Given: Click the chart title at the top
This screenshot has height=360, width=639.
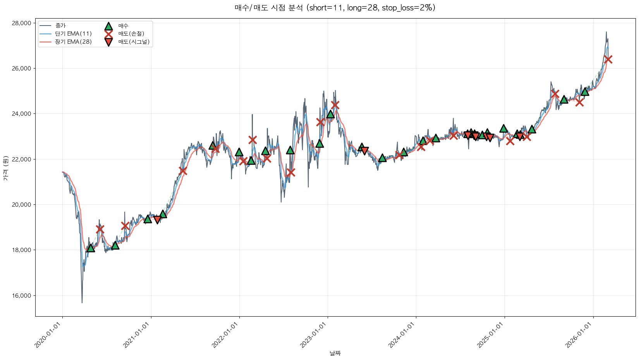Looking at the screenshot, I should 335,8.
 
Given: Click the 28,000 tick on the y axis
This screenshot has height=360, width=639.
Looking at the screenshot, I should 21,23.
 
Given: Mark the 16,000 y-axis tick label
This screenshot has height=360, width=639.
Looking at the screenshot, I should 21,296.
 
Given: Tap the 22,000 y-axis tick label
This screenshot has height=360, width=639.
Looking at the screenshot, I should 21,159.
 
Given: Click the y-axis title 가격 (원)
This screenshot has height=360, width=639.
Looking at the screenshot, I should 5,168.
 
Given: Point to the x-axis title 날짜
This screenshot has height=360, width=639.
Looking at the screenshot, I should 335,353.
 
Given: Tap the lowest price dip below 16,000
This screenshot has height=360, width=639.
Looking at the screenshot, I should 82,302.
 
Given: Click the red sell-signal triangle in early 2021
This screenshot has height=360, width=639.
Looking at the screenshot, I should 157,219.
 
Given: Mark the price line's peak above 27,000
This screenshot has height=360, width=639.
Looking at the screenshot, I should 606,32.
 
